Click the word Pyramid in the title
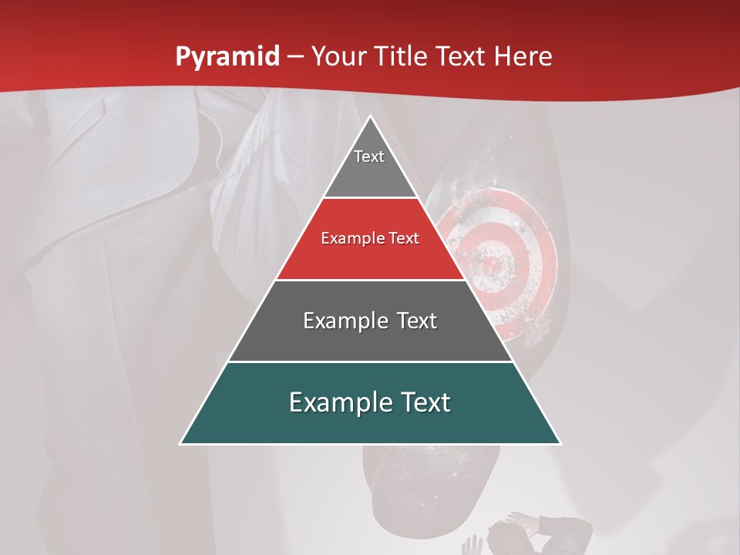pyautogui.click(x=227, y=57)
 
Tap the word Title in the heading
pyautogui.click(x=405, y=57)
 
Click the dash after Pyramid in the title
pyautogui.click(x=295, y=58)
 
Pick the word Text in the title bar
pyautogui.click(x=463, y=57)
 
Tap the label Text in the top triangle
pyautogui.click(x=369, y=156)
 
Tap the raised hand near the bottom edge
pyautogui.click(x=470, y=546)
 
